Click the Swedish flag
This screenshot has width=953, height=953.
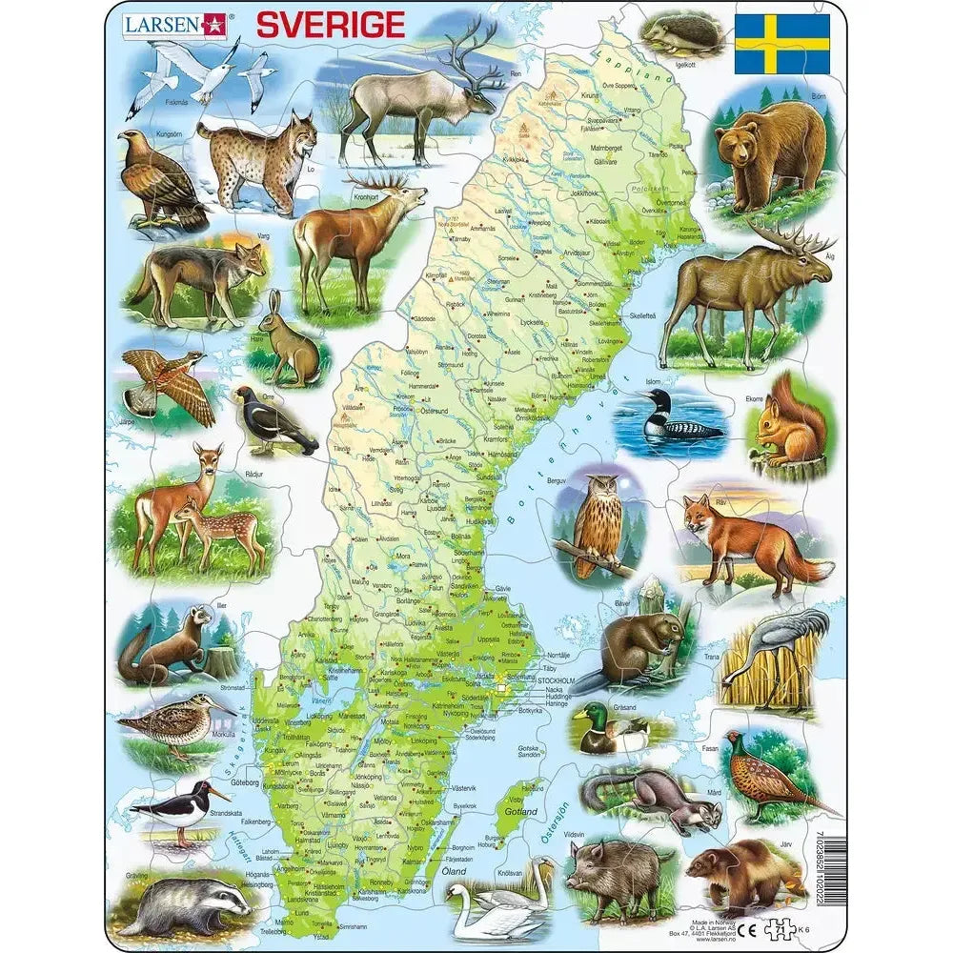781,44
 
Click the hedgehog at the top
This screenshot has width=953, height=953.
680,36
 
